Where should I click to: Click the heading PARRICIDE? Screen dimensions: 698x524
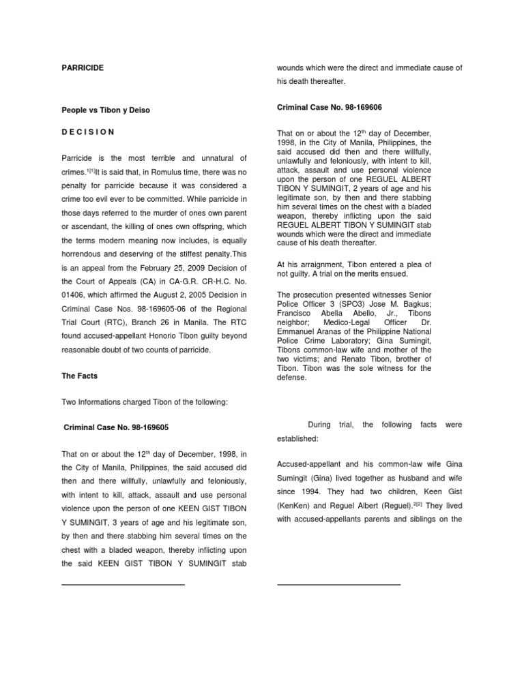[83, 68]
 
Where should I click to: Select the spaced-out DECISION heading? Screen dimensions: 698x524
[88, 132]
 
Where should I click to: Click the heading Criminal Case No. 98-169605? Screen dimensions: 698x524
[116, 427]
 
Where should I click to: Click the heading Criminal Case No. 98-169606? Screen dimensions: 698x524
[329, 107]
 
